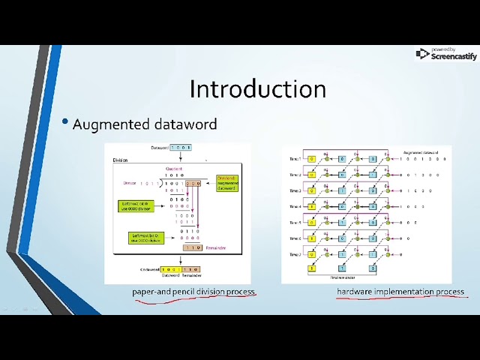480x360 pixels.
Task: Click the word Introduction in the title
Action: click(257, 88)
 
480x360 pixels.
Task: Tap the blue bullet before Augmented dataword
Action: click(65, 122)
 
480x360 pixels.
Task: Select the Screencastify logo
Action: click(446, 54)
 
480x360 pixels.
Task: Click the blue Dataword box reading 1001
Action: click(181, 148)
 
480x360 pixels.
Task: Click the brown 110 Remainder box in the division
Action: click(192, 247)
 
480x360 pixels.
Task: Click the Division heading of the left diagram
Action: click(121, 160)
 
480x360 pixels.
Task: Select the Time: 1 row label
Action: click(293, 159)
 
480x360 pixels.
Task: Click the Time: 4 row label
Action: click(293, 206)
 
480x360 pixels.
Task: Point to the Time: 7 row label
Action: click(293, 254)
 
